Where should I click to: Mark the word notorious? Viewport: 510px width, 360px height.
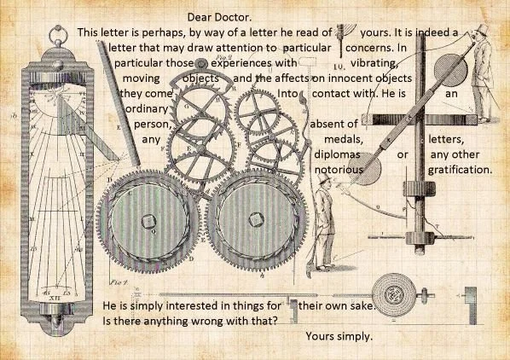click(339, 171)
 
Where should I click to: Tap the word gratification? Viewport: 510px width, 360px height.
click(461, 171)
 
